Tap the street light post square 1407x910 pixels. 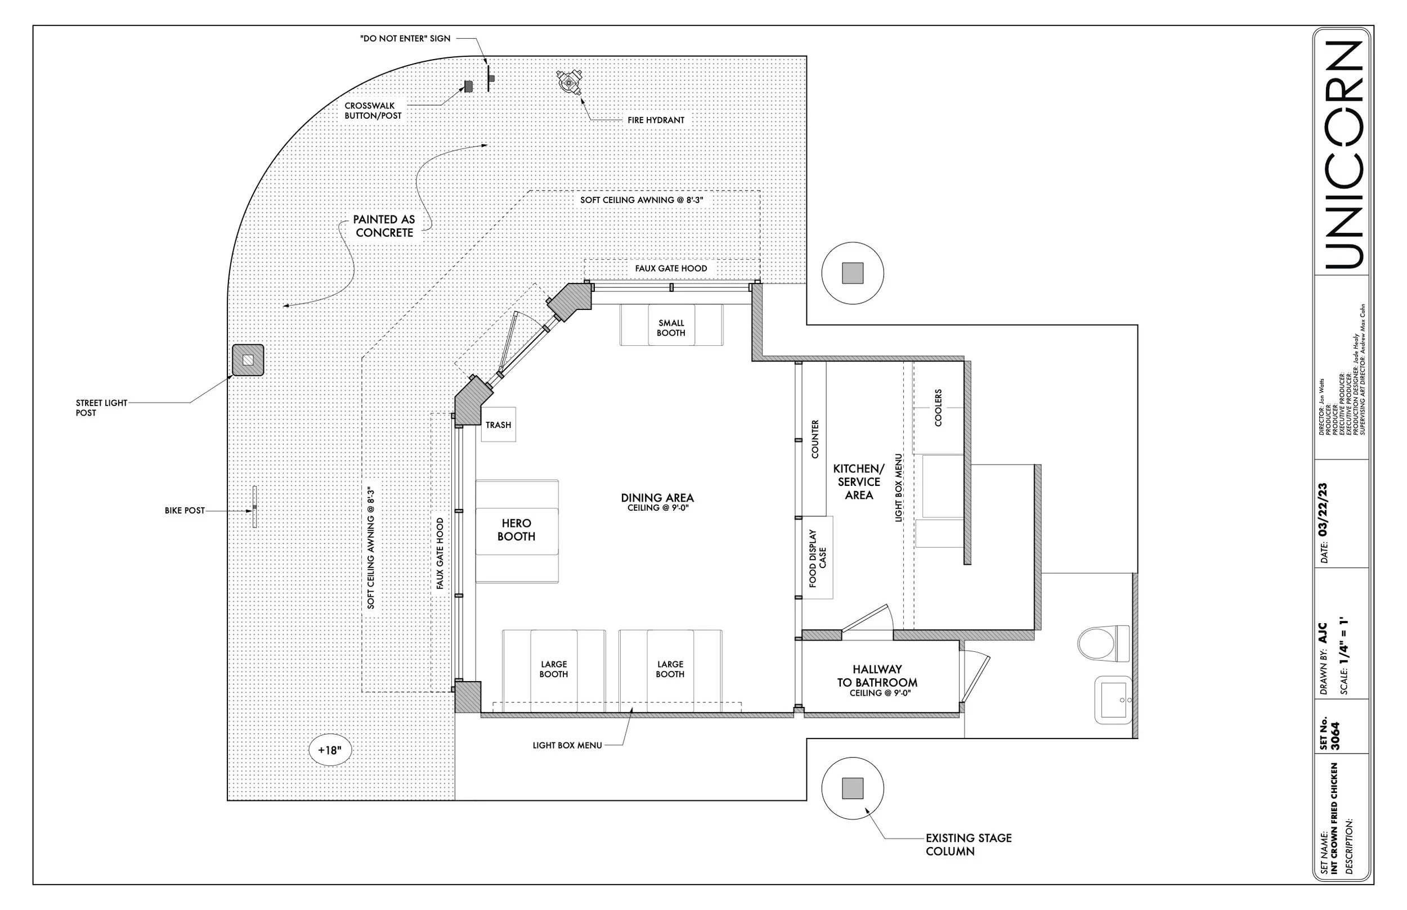point(248,360)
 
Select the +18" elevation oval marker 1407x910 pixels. point(330,750)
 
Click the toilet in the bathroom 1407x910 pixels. point(1103,643)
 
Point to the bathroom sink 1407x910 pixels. point(1114,700)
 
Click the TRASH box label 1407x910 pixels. point(499,425)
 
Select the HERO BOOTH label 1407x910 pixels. point(516,529)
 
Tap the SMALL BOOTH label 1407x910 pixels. point(671,328)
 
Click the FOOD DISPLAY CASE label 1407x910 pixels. point(818,558)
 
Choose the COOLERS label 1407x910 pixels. point(938,408)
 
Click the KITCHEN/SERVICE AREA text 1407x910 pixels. point(859,481)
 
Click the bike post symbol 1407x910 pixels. point(255,507)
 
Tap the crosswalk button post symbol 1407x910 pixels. point(469,87)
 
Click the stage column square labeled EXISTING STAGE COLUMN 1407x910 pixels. point(853,789)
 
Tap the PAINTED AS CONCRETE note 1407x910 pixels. point(384,226)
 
